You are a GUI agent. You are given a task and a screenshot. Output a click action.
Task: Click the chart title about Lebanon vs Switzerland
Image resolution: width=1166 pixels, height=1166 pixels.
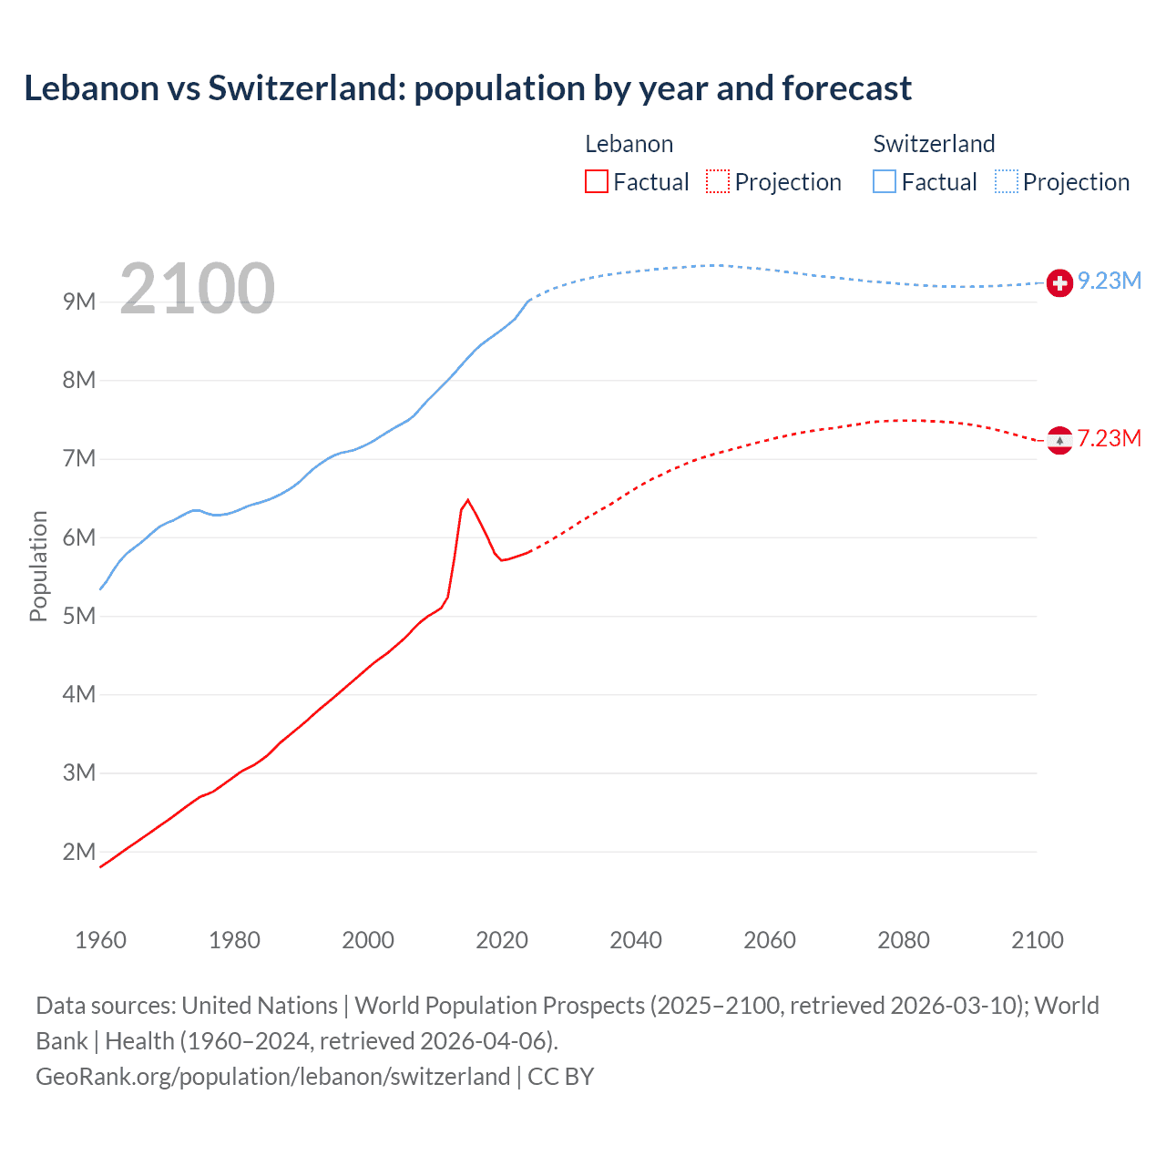467,88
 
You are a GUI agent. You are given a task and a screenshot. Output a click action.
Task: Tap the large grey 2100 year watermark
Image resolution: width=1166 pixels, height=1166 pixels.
197,289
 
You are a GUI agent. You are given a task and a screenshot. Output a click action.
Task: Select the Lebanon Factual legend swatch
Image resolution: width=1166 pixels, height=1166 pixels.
596,181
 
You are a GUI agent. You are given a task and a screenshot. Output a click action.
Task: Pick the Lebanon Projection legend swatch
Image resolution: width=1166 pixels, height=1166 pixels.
718,181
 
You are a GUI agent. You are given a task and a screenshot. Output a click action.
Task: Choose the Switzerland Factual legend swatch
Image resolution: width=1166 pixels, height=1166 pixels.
885,181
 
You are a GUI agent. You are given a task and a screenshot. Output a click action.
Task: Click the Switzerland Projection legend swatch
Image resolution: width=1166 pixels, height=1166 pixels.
1006,181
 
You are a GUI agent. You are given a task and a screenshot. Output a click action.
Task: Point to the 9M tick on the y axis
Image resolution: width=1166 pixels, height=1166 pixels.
79,302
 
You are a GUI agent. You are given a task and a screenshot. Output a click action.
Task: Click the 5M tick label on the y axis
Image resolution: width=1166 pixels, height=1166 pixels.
79,617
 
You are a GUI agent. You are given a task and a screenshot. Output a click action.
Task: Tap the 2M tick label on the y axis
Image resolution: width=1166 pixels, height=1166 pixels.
79,853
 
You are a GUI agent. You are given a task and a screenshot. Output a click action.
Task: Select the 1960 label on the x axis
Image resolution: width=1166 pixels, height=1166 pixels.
100,940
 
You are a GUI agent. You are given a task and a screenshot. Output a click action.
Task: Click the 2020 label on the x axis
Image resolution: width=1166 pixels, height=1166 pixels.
502,940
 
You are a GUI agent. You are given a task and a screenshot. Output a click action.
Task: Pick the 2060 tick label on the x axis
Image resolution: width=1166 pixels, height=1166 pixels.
770,940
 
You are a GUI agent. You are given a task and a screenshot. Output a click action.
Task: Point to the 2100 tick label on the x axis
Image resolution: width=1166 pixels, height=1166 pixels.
1037,940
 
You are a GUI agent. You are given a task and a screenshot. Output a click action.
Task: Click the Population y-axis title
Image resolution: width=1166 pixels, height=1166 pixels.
38,566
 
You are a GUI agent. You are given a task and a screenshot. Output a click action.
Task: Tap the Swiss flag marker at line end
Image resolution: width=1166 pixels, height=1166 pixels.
1059,283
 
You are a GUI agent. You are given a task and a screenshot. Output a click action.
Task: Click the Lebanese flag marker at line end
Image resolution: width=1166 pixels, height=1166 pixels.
1059,441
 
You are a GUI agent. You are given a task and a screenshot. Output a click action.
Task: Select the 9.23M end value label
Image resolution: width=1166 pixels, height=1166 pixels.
1110,281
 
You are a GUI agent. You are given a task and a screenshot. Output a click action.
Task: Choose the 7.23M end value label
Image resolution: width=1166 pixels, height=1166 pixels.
1110,438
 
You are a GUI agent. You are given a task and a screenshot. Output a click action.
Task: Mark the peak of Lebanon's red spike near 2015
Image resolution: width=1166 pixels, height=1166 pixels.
467,499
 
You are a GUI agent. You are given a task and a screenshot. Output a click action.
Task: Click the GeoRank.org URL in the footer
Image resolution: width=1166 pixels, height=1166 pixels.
272,1077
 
